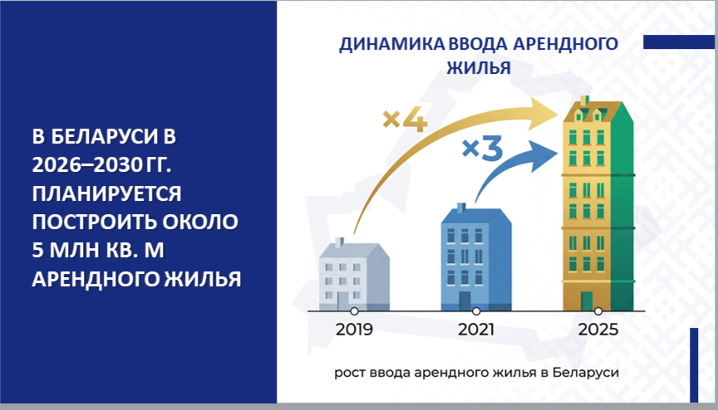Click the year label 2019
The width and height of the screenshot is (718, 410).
pos(354,329)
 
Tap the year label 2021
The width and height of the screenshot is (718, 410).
pos(476,329)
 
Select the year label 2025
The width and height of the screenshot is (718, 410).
pos(598,329)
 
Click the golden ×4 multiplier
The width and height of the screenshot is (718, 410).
pos(405,120)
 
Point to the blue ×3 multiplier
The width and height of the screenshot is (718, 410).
pos(482,149)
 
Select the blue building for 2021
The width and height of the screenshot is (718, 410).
pos(476,257)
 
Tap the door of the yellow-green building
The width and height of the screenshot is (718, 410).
pos(587,301)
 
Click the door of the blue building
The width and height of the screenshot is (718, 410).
pos(465,301)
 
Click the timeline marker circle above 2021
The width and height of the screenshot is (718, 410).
pos(476,311)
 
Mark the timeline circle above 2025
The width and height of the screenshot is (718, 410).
pos(598,311)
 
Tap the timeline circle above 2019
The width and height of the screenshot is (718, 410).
pos(354,311)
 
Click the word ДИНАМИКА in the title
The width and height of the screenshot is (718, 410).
pos(391,44)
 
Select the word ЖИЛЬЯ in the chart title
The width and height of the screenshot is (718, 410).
pos(479,68)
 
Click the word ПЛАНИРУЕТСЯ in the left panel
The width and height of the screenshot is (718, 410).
pos(106,194)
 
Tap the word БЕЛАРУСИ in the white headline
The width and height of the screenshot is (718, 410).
pos(104,137)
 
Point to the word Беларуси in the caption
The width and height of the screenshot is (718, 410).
pos(586,373)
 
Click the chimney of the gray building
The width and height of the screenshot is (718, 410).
pos(339,242)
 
